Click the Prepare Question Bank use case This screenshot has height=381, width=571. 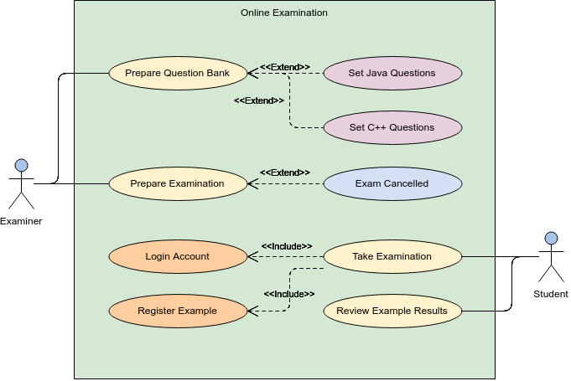pos(177,73)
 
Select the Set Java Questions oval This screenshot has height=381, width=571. pos(392,73)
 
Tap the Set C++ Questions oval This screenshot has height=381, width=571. pos(392,127)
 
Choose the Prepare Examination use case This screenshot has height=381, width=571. pos(177,183)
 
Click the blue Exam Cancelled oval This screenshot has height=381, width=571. pos(392,183)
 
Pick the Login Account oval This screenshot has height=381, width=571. pos(177,256)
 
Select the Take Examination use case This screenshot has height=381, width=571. pos(392,256)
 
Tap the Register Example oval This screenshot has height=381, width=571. pos(177,311)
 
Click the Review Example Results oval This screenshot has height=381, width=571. pos(392,311)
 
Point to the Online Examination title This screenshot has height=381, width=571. pos(284,13)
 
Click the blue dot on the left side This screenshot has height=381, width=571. pos(22,166)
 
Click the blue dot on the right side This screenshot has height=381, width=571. pos(551,238)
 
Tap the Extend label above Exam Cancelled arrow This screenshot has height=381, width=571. pos(285,172)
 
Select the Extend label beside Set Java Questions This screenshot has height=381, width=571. pos(285,67)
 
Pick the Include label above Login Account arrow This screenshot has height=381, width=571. pos(287,246)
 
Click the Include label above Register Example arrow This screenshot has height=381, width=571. pos(289,294)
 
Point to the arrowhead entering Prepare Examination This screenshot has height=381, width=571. pos(252,183)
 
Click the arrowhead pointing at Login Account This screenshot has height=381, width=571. pos(252,256)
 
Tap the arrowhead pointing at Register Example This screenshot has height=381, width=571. pos(252,311)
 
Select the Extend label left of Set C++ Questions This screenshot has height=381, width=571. pos(258,100)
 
